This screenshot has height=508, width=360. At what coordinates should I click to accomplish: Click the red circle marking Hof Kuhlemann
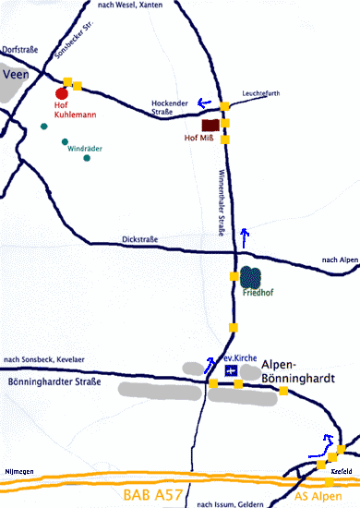pos(62,92)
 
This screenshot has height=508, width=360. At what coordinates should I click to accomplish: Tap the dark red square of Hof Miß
pos(210,125)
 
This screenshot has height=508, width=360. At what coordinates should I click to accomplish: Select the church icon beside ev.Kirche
pos(230,369)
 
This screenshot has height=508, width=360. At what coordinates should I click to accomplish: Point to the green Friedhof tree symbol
pos(249,276)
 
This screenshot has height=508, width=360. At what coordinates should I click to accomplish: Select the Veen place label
pos(18,75)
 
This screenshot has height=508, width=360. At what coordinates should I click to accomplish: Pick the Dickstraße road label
pos(139,240)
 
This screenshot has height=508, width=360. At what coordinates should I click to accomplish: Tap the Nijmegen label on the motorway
pos(18,472)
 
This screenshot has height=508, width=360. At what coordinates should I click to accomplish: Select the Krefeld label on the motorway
pos(341,472)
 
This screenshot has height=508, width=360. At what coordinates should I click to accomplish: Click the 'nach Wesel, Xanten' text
pos(127,6)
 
